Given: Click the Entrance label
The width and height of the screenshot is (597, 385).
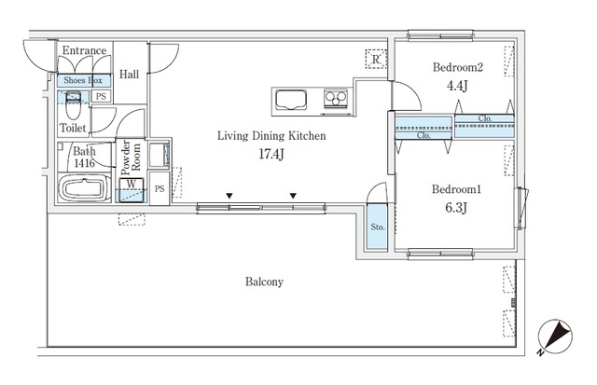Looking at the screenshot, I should pyautogui.click(x=84, y=50).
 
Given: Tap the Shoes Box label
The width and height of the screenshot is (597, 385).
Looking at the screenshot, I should pyautogui.click(x=82, y=81).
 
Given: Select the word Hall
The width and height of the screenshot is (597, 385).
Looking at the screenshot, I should pyautogui.click(x=130, y=74).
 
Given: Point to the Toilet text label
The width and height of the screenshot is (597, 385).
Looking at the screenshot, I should pyautogui.click(x=74, y=127).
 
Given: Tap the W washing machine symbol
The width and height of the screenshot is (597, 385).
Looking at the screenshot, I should pyautogui.click(x=133, y=184).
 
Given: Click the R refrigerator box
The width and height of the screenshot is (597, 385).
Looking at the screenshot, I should pyautogui.click(x=375, y=59).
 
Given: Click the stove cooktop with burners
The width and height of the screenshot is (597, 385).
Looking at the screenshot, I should pyautogui.click(x=335, y=97).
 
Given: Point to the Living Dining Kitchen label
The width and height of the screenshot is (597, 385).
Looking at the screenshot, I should pyautogui.click(x=271, y=136).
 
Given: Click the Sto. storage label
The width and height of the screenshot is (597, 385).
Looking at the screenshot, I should pyautogui.click(x=377, y=226).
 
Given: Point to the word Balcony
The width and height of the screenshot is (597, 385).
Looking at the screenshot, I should pyautogui.click(x=265, y=282).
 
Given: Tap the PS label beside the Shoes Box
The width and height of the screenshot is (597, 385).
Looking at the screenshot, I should pyautogui.click(x=101, y=96).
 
